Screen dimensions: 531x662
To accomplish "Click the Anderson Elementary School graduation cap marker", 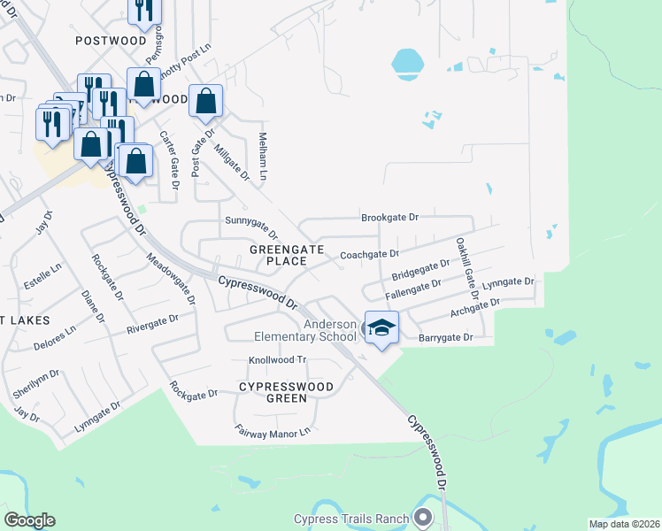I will tap(381, 327).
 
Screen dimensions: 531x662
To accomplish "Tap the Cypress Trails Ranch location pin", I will tap(424, 518).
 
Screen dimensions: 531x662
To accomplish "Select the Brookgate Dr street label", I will tap(389, 217).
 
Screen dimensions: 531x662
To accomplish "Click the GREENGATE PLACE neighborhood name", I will tap(278, 256).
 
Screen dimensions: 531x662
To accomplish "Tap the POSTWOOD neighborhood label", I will tap(111, 41).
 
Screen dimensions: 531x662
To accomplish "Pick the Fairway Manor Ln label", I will tap(273, 431).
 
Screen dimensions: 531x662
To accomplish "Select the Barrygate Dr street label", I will tap(445, 337).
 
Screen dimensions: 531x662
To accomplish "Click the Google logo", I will tap(29, 520).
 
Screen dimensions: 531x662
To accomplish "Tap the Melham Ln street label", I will tap(263, 155).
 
